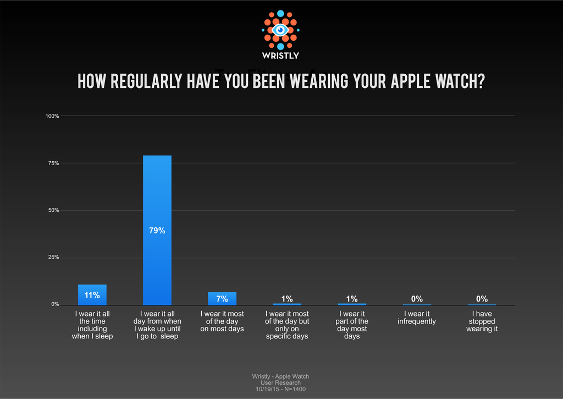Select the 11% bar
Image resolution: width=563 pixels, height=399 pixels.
click(92, 294)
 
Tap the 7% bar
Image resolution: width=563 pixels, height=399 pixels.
click(222, 298)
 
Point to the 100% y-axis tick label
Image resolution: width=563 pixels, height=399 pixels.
click(52, 116)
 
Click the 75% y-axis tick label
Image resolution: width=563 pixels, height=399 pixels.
click(53, 163)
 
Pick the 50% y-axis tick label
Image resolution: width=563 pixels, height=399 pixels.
click(53, 210)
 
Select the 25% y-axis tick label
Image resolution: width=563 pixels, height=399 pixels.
click(53, 258)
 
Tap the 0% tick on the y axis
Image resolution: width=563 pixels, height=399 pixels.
click(55, 304)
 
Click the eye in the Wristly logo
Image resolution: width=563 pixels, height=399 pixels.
click(280, 30)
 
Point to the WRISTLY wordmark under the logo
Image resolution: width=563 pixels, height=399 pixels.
click(280, 56)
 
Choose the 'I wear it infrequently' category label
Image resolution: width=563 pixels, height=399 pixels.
click(417, 318)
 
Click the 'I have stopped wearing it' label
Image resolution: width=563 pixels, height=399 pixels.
click(482, 321)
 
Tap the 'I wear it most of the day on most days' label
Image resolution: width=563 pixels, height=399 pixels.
click(222, 321)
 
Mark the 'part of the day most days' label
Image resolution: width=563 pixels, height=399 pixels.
click(352, 325)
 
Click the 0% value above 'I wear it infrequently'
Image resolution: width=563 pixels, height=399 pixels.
click(417, 299)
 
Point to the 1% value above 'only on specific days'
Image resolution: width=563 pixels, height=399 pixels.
click(287, 299)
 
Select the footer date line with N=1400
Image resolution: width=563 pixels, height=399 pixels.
click(280, 389)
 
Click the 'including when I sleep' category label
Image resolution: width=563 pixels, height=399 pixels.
click(92, 325)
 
